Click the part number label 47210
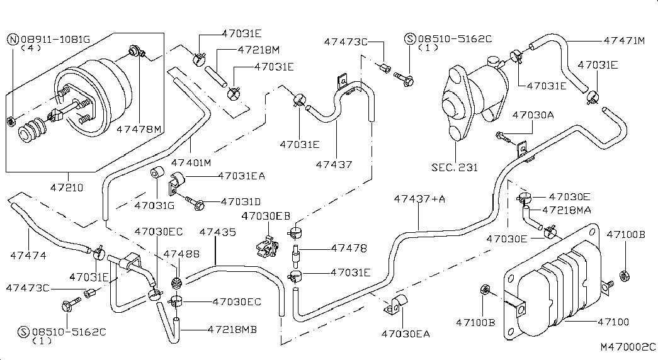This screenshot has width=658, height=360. pos(67,188)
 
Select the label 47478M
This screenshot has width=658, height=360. pos(139,129)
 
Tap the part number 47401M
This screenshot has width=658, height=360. pos(191,162)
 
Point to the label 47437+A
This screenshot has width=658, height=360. pos(419,198)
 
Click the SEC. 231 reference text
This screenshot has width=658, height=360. pos(455,167)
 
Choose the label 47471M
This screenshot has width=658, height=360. pos(624,41)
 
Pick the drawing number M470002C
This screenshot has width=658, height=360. pos(627,347)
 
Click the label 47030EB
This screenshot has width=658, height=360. pos(266,216)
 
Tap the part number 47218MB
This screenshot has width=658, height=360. pos(232,329)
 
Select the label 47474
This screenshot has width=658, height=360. pos(28,255)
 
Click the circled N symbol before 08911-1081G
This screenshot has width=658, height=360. pos(13,40)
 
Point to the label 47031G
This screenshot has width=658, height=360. pos(154,205)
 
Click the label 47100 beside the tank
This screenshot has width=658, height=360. pos(613,322)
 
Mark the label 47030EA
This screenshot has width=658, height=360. pos(406,334)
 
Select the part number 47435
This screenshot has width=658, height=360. pos(217,232)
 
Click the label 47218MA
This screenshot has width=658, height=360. pos(567,210)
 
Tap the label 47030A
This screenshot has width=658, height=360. pos(533,115)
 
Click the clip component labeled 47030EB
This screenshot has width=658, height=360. pos(266,245)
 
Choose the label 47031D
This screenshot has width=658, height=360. pos(241,202)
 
